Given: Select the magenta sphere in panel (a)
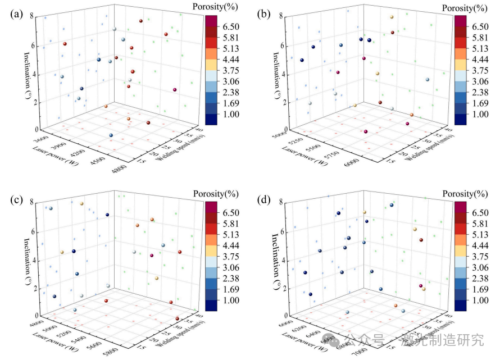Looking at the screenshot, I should (175, 90).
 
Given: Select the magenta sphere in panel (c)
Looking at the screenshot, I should (152, 256).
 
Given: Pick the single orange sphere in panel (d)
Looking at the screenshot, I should (396, 306).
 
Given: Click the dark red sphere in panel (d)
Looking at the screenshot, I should (421, 240).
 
